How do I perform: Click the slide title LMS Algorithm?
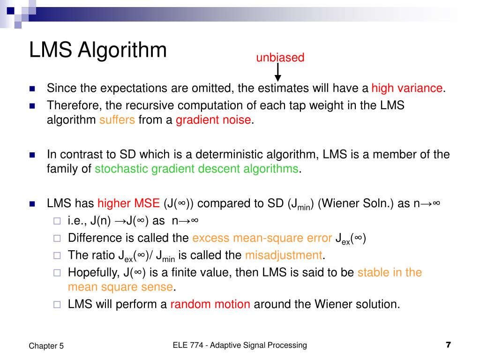(x=97, y=50)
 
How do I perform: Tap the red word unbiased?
(x=280, y=58)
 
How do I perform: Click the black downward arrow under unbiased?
(x=277, y=72)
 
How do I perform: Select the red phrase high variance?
(x=407, y=88)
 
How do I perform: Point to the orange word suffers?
(x=117, y=120)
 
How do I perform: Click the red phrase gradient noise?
(x=213, y=120)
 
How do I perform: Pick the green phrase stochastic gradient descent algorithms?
(x=196, y=169)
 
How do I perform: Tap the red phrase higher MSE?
(x=128, y=204)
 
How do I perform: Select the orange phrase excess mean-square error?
(x=262, y=238)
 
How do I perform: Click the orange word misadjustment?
(x=284, y=255)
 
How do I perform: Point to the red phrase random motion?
(x=210, y=304)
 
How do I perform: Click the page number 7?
(x=448, y=345)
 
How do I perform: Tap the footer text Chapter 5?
(x=46, y=346)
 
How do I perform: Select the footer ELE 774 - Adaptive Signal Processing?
(x=240, y=345)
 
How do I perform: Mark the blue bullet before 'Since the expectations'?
(x=32, y=89)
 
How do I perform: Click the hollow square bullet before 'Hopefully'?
(x=57, y=273)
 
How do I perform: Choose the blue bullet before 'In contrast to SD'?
(x=32, y=155)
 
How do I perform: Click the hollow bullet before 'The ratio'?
(x=57, y=255)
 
